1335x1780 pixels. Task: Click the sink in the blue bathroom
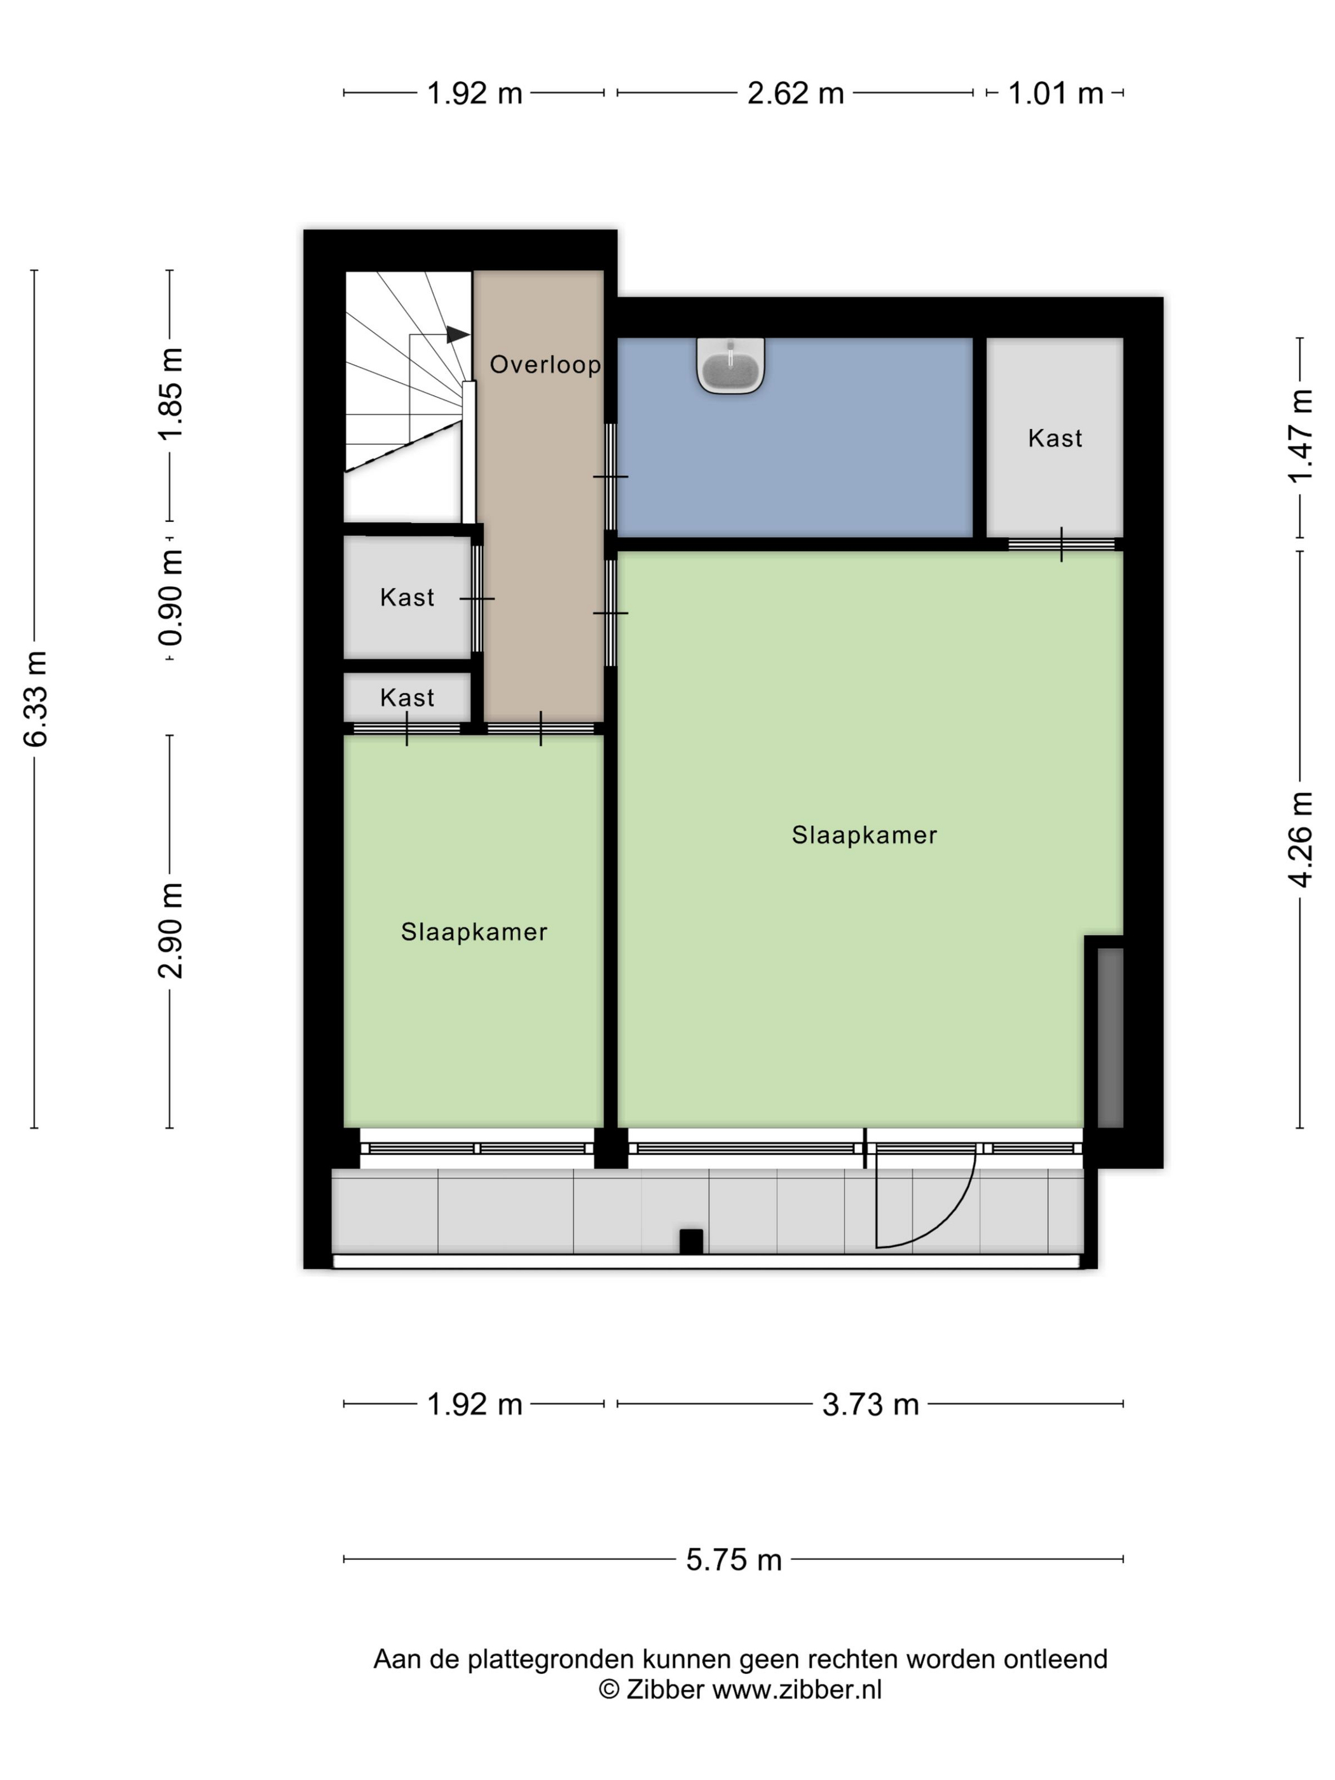tap(730, 366)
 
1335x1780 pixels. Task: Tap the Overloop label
tap(545, 364)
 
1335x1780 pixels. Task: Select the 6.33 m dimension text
tap(36, 699)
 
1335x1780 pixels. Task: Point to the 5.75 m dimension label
tap(733, 1559)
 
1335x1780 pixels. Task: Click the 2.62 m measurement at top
tap(795, 93)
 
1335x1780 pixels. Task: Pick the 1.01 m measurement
tap(1055, 93)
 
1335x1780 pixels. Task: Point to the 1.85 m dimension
tap(170, 394)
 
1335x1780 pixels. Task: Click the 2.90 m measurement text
tap(170, 930)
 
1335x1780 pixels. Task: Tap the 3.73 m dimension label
tap(870, 1404)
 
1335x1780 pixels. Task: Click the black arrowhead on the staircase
tap(458, 334)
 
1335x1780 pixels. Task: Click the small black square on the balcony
tap(690, 1241)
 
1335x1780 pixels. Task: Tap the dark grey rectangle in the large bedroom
tap(1110, 1037)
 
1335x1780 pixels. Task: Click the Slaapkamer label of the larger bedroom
tap(864, 835)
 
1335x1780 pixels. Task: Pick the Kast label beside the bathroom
tap(1055, 438)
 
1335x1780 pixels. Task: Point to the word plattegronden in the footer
tap(551, 1659)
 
